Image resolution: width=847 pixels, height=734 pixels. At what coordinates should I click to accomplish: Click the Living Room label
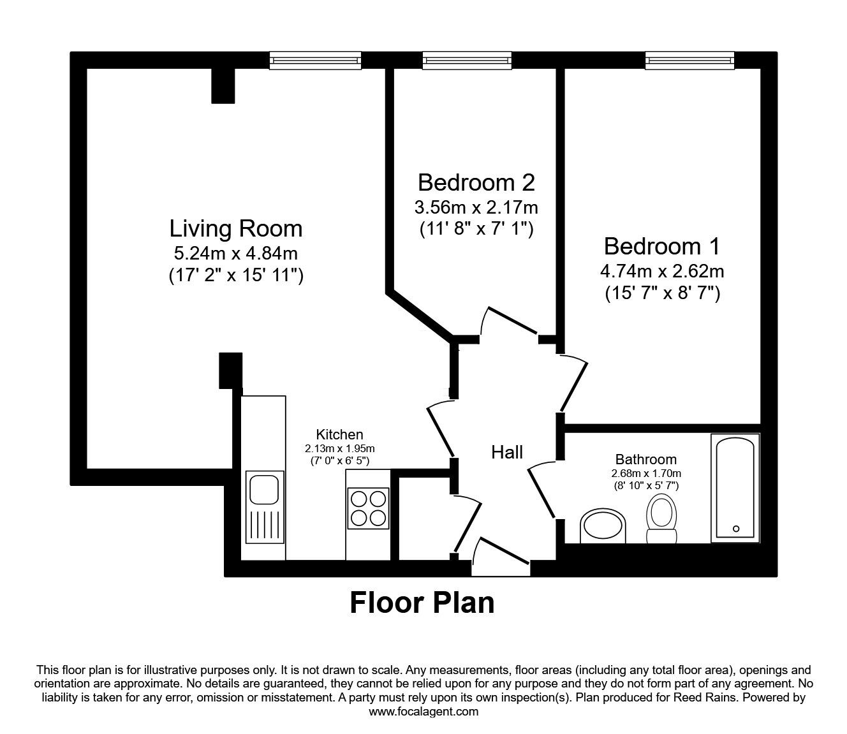click(x=235, y=228)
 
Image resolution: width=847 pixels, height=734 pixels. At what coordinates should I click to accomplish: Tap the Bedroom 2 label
click(x=476, y=182)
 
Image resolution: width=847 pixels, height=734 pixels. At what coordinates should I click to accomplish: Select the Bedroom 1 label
click(x=661, y=246)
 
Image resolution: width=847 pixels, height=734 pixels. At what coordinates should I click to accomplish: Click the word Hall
click(x=507, y=452)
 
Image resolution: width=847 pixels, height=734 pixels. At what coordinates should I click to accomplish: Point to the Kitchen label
click(x=340, y=435)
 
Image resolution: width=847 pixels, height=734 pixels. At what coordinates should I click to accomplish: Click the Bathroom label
click(x=645, y=459)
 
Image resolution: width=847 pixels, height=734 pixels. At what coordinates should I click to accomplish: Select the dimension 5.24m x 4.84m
click(x=235, y=253)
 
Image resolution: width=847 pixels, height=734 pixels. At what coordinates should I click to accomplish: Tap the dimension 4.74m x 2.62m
click(x=661, y=271)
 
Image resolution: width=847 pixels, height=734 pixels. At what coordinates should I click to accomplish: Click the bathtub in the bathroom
click(x=735, y=488)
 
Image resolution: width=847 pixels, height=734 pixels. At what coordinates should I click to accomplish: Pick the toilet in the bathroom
click(x=661, y=518)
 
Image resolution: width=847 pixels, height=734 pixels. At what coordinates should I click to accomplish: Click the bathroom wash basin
click(x=603, y=525)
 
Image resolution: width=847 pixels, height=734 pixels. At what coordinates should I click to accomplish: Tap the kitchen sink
click(x=265, y=490)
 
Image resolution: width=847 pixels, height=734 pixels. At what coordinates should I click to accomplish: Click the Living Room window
click(x=315, y=61)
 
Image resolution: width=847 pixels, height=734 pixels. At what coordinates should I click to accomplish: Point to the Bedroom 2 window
click(x=468, y=61)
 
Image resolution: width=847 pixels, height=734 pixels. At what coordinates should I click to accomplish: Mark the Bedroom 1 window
click(x=690, y=61)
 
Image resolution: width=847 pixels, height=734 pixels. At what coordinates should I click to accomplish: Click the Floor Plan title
click(x=422, y=602)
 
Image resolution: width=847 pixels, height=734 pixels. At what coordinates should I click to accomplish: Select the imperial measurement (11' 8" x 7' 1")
click(x=476, y=229)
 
